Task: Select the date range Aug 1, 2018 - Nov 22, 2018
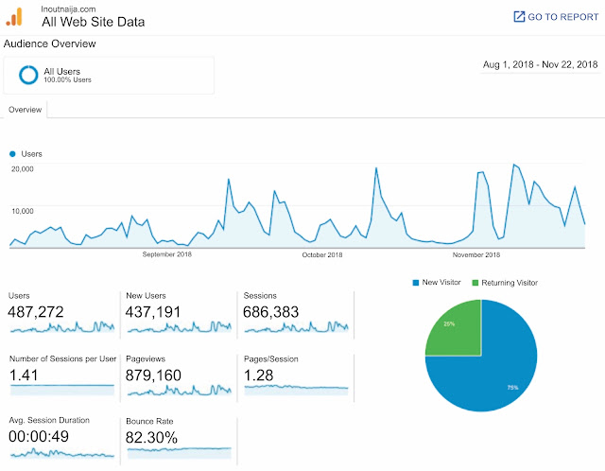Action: [x=540, y=64]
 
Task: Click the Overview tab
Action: [x=26, y=110]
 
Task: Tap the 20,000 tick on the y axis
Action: [x=23, y=168]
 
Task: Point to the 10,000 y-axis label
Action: [x=23, y=211]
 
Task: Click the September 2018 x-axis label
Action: [x=167, y=254]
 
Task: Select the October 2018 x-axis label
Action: [x=322, y=254]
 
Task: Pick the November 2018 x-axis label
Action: [x=475, y=254]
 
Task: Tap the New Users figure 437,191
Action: [x=156, y=311]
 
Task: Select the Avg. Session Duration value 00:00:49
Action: [x=43, y=437]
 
